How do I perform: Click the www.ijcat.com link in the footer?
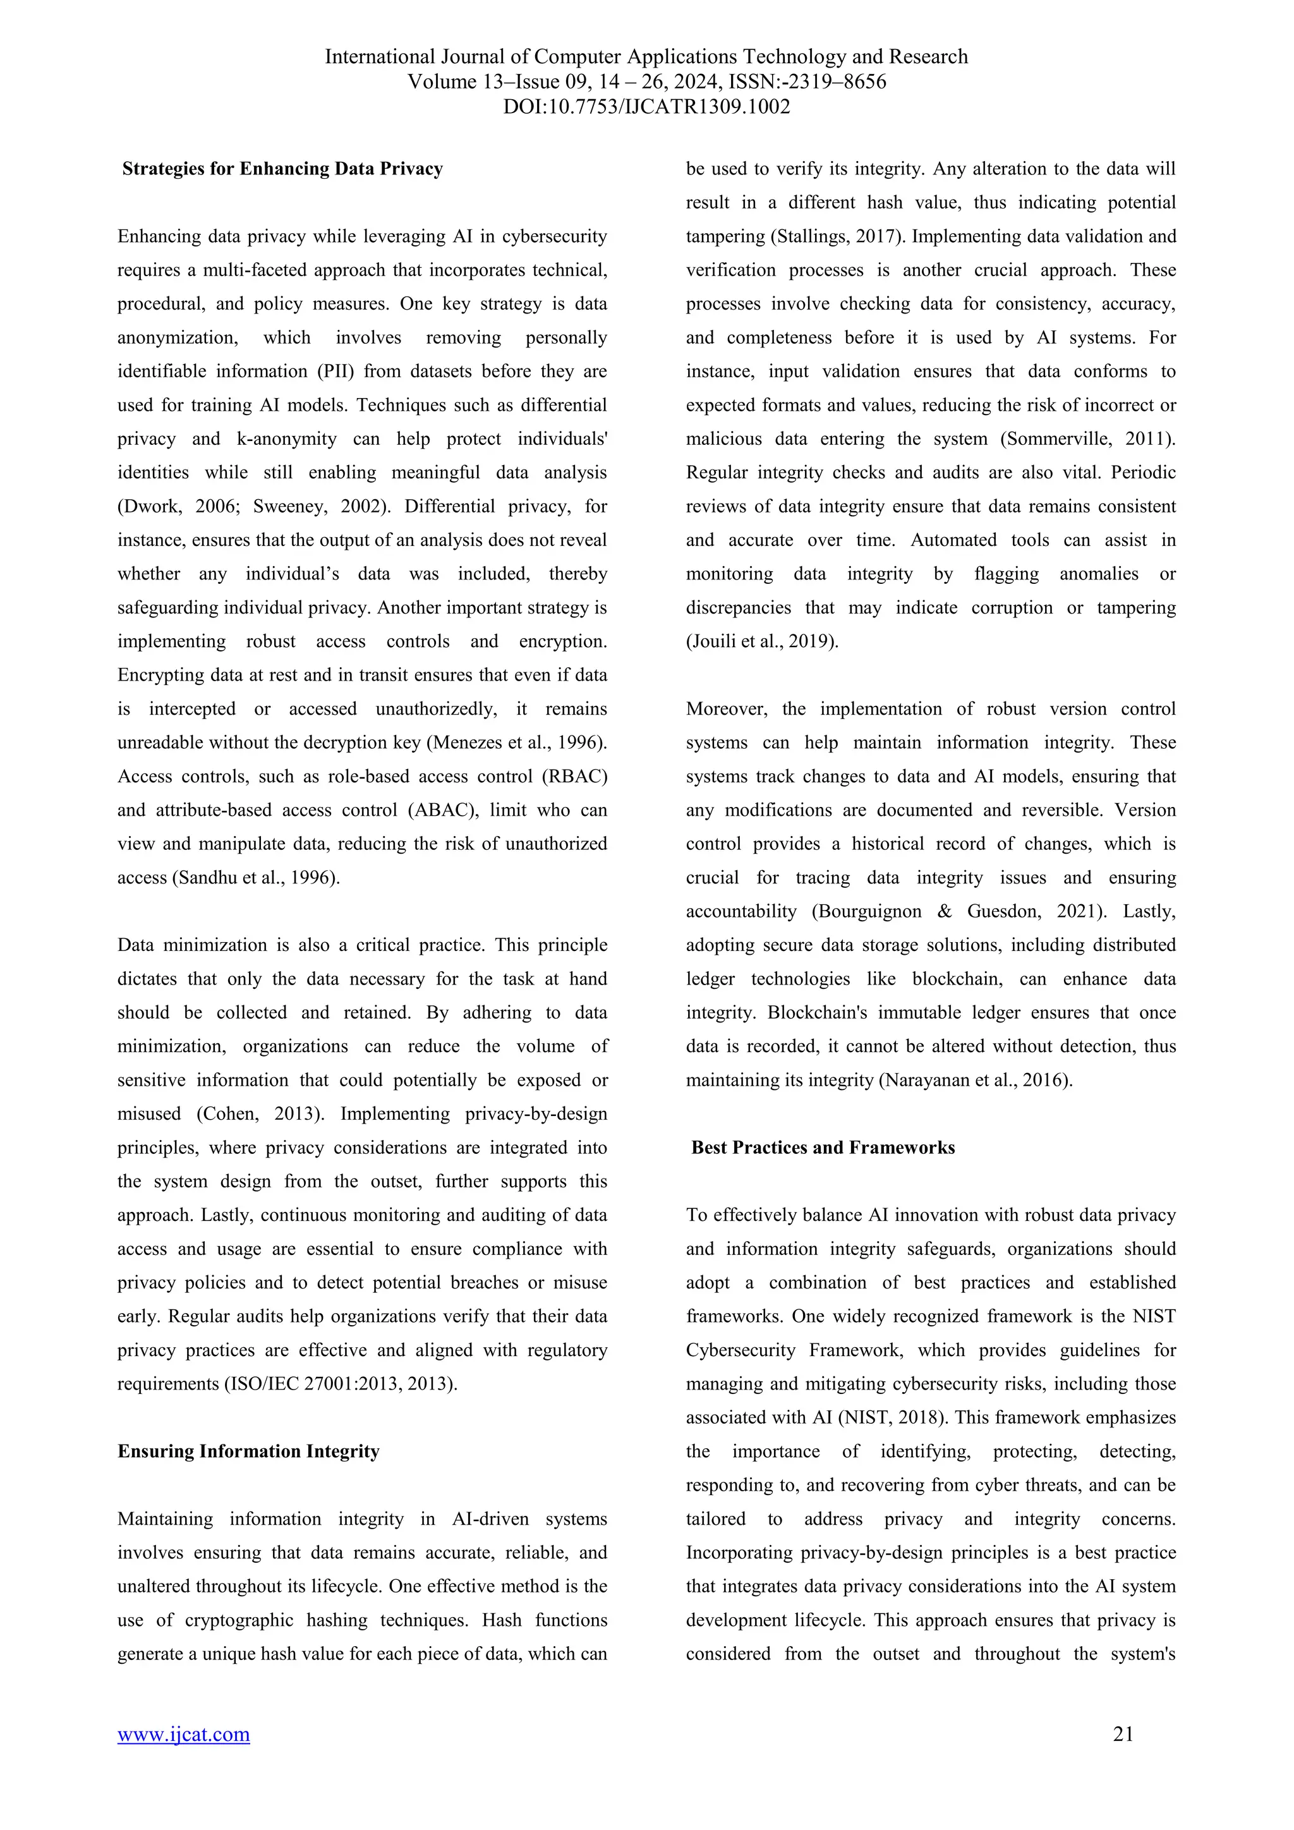pyautogui.click(x=183, y=1735)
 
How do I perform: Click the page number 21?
pyautogui.click(x=1123, y=1733)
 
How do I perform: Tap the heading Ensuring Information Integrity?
pyautogui.click(x=248, y=1451)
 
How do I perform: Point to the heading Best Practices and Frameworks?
pyautogui.click(x=823, y=1147)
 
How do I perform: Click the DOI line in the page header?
pyautogui.click(x=646, y=107)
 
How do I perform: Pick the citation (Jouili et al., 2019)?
pyautogui.click(x=762, y=641)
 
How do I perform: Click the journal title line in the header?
pyautogui.click(x=646, y=57)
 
